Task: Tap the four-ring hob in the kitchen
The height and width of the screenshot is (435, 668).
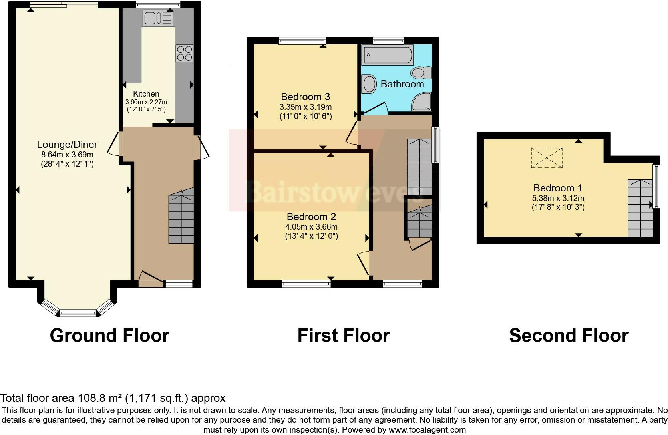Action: pyautogui.click(x=184, y=53)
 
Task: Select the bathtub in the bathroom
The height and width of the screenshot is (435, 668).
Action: pyautogui.click(x=387, y=56)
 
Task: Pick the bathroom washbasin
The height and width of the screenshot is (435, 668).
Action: pyautogui.click(x=369, y=84)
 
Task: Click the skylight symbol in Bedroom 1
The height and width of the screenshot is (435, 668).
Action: pyautogui.click(x=547, y=158)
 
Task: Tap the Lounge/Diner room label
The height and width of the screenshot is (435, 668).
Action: pyautogui.click(x=67, y=145)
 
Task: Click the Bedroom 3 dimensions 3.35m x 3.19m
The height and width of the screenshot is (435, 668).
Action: pyautogui.click(x=306, y=107)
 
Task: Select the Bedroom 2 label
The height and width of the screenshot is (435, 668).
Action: pyautogui.click(x=311, y=217)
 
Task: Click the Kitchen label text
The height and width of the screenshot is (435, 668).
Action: pyautogui.click(x=146, y=94)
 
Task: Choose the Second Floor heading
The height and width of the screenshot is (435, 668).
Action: pyautogui.click(x=569, y=336)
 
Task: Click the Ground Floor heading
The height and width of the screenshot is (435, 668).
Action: pyautogui.click(x=109, y=336)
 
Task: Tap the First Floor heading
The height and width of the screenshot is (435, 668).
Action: pyautogui.click(x=343, y=336)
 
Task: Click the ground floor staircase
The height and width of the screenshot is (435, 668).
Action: pyautogui.click(x=181, y=218)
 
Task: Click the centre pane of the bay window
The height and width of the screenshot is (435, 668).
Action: pyautogui.click(x=78, y=313)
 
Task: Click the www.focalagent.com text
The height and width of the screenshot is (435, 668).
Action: pyautogui.click(x=427, y=430)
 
